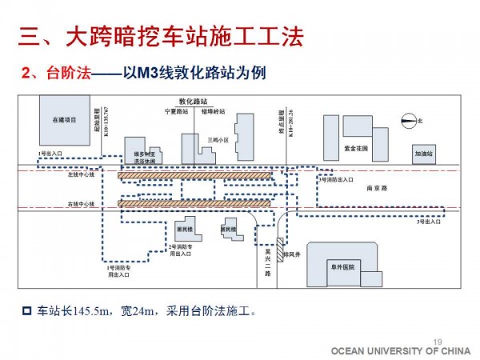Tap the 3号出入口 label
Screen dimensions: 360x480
429,221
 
